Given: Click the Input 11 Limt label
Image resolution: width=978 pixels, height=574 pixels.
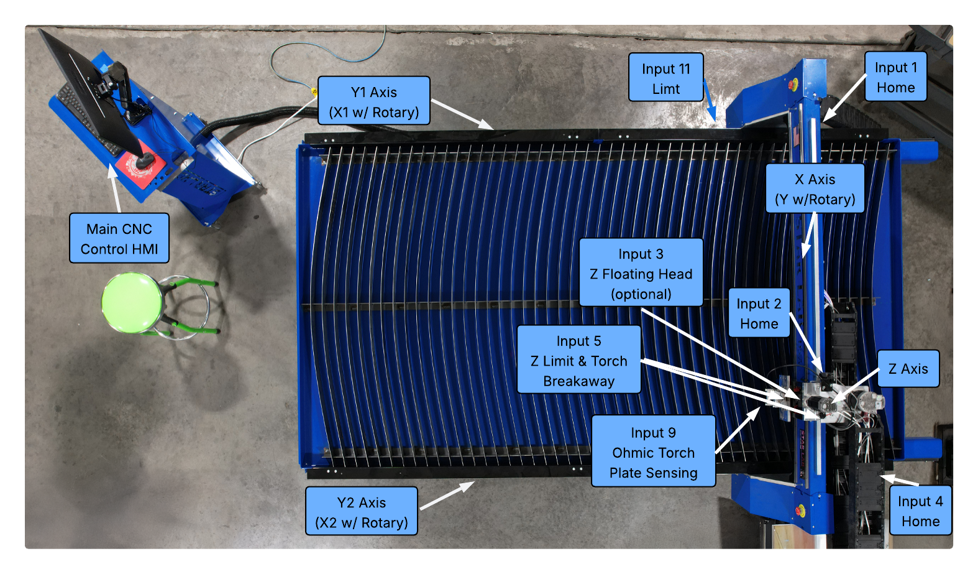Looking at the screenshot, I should click(665, 78).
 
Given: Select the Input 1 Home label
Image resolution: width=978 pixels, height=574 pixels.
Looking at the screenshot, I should click(895, 77).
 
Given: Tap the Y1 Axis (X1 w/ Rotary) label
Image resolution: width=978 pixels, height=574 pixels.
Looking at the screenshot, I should click(373, 101).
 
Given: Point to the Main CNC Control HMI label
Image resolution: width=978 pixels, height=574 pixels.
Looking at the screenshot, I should click(119, 238).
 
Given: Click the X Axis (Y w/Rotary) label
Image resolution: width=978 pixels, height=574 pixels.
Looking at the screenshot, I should click(815, 188).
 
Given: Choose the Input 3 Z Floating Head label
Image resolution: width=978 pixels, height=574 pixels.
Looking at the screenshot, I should click(641, 273).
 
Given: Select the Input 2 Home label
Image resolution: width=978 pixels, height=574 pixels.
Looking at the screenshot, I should click(759, 313).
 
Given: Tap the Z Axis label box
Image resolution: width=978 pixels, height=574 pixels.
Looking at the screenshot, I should click(908, 369).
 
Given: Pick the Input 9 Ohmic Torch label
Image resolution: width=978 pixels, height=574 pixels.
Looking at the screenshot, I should click(653, 451).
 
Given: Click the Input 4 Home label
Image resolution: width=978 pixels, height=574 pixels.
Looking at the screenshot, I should click(920, 511).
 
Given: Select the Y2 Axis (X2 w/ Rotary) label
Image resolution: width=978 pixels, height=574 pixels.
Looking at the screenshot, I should click(361, 511).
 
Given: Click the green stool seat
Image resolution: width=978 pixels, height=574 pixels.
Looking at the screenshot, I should click(132, 302).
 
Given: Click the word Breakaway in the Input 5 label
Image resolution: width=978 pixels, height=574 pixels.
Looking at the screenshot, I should click(578, 381).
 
